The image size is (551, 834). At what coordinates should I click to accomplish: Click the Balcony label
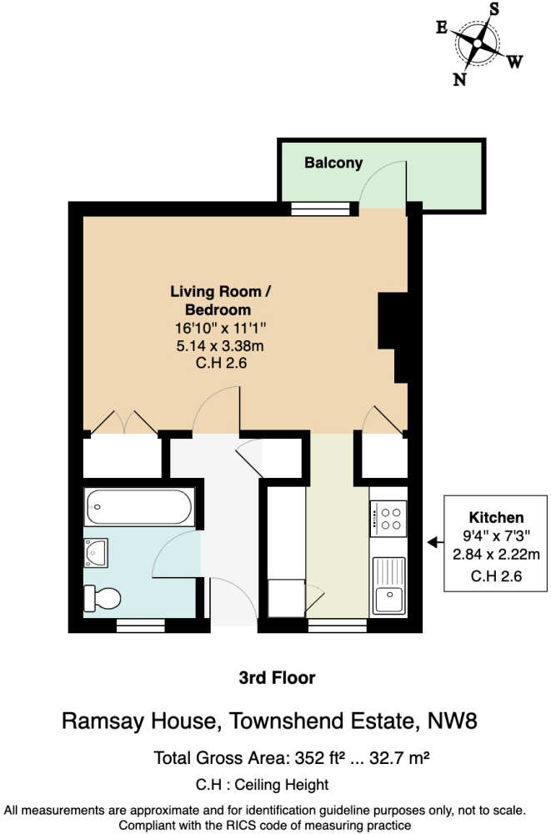tap(333, 163)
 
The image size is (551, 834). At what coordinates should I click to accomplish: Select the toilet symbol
tap(103, 597)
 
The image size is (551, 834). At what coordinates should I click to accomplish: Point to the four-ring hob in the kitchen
tap(388, 518)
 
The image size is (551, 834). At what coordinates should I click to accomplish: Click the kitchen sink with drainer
tap(388, 585)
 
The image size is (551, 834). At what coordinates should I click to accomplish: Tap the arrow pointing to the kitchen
tap(433, 543)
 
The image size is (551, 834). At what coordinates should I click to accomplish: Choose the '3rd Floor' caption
tap(277, 678)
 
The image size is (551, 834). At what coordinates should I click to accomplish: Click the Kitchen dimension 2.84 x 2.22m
tap(496, 554)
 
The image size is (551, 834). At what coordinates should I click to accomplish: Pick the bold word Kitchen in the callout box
tap(496, 517)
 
